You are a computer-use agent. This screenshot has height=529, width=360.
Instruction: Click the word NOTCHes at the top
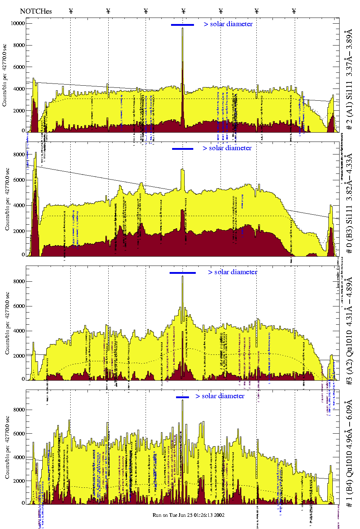click(x=36, y=11)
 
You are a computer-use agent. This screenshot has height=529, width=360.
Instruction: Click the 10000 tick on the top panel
click(x=18, y=23)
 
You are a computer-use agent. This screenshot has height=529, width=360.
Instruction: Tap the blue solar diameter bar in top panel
click(x=183, y=25)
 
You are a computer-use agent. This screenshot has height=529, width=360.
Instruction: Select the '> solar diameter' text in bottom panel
click(x=220, y=396)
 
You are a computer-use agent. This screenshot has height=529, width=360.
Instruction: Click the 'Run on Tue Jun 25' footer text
click(x=189, y=515)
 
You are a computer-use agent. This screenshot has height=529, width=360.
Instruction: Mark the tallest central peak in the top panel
click(x=183, y=29)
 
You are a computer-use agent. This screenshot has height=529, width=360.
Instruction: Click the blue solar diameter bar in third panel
click(x=183, y=273)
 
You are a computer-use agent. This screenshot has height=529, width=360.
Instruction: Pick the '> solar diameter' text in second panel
click(x=227, y=148)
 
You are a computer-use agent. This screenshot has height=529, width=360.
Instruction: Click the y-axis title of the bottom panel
click(x=7, y=447)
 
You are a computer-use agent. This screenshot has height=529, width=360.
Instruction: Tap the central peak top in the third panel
click(x=183, y=277)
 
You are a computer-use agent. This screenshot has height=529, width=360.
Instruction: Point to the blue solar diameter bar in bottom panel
click(x=183, y=397)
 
